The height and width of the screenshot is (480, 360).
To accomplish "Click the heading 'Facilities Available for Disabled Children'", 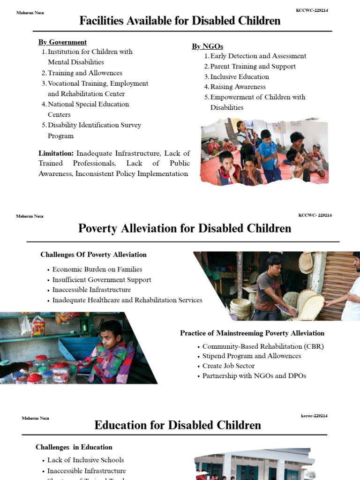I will click(180, 21).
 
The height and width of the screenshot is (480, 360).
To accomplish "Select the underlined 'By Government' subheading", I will click(62, 42).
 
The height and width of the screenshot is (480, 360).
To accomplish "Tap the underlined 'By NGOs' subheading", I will click(207, 46).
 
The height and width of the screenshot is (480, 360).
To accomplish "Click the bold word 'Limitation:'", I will click(56, 153).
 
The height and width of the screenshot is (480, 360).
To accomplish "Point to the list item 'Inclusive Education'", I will click(240, 76).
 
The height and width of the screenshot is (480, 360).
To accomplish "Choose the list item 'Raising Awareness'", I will click(238, 87).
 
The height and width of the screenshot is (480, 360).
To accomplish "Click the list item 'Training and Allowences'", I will click(85, 73).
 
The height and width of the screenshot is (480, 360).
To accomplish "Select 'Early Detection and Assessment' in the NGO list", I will click(258, 56).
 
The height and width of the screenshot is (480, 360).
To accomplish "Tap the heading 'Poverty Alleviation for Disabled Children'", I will click(184, 228).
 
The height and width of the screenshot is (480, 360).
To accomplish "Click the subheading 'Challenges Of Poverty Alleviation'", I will click(93, 255).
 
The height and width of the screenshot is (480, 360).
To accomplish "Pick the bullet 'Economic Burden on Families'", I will click(97, 269).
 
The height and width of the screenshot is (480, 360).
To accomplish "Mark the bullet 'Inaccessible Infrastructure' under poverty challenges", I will click(91, 290).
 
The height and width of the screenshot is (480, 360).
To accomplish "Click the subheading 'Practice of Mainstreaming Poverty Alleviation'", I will click(252, 333).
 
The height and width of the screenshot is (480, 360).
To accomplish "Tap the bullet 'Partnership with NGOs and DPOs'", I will click(254, 375).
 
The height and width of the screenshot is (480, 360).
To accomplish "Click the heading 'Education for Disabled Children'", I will click(178, 425).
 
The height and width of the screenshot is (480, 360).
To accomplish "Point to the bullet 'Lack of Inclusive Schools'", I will click(85, 460).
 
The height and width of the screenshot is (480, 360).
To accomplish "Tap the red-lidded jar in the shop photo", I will click(35, 378).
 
